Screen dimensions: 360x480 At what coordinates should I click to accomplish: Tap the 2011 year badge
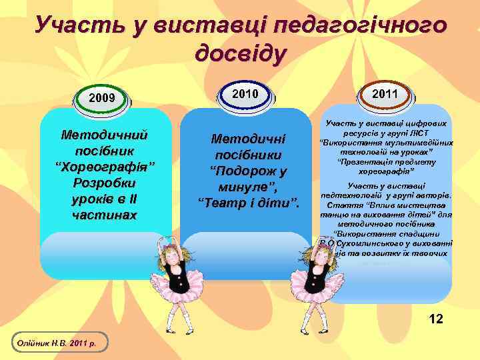point(385,94)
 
